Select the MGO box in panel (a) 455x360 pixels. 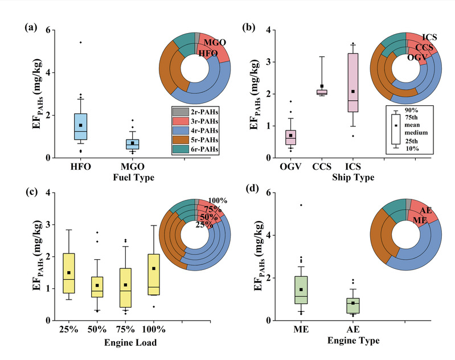click(x=133, y=144)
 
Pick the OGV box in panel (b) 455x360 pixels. click(x=290, y=137)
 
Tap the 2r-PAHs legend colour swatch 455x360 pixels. click(x=178, y=110)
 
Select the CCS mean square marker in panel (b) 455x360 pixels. click(x=322, y=87)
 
